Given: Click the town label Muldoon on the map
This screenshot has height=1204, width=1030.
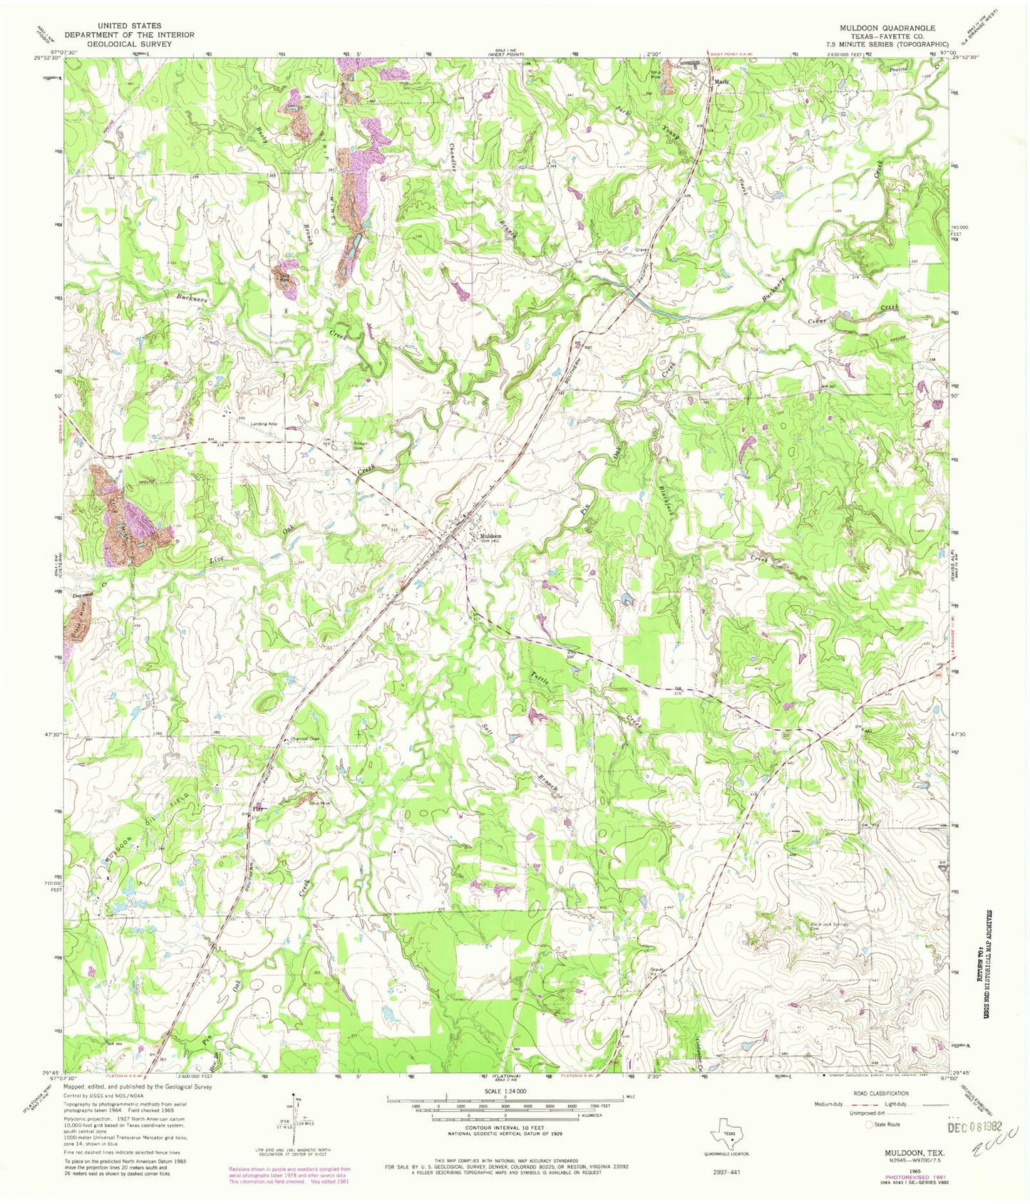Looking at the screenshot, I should tap(490, 536).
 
